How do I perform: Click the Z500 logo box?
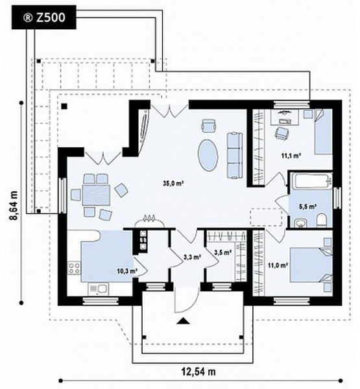pyautogui.click(x=43, y=18)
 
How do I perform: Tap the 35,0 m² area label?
pyautogui.click(x=173, y=183)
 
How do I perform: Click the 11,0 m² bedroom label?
pyautogui.click(x=278, y=265)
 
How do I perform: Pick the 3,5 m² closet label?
pyautogui.click(x=222, y=253)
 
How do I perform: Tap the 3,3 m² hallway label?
pyautogui.click(x=192, y=257)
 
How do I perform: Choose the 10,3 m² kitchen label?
pyautogui.click(x=127, y=271)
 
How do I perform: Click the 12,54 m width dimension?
pyautogui.click(x=198, y=371)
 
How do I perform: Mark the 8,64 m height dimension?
pyautogui.click(x=14, y=205)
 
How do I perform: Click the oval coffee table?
pyautogui.click(x=208, y=155)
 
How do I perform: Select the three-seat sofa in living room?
pyautogui.click(x=234, y=156)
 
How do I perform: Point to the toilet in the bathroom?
pyautogui.click(x=322, y=220)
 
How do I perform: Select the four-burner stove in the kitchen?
pyautogui.click(x=74, y=268)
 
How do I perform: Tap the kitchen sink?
pyautogui.click(x=99, y=289)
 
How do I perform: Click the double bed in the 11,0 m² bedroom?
pyautogui.click(x=311, y=265)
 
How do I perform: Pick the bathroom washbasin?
pyautogui.click(x=301, y=223)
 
